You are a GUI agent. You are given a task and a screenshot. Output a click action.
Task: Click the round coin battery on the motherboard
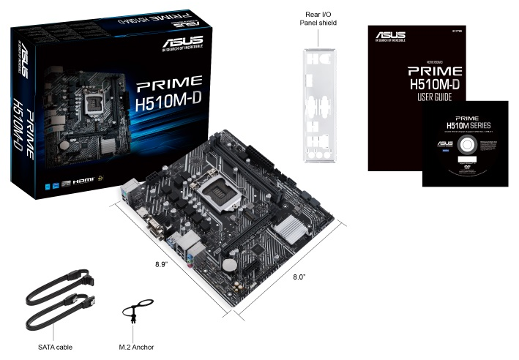(x=230, y=261)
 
